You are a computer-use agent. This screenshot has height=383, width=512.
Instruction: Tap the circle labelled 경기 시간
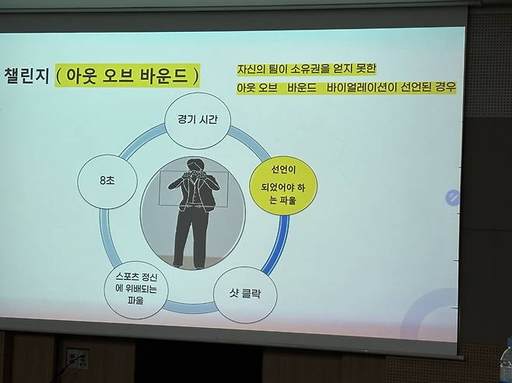198,121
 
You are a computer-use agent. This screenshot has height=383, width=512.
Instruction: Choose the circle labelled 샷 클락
245,295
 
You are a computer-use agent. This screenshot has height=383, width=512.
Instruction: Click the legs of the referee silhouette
189,237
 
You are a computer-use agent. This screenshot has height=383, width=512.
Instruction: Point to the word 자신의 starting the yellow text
253,69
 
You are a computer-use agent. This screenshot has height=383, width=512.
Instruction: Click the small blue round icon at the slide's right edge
452,197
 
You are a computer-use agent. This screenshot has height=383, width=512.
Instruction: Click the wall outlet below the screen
76,359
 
